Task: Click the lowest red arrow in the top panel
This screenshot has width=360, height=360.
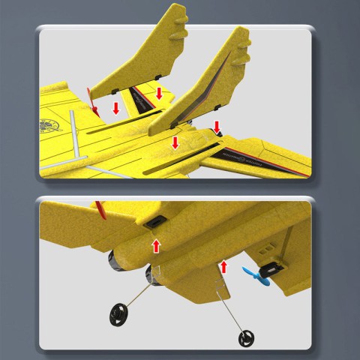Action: pos(175,141)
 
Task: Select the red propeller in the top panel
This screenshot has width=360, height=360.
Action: pos(90,101)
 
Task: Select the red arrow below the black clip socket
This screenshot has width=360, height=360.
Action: pos(156,245)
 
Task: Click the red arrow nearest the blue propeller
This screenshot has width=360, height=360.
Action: pos(223,266)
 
